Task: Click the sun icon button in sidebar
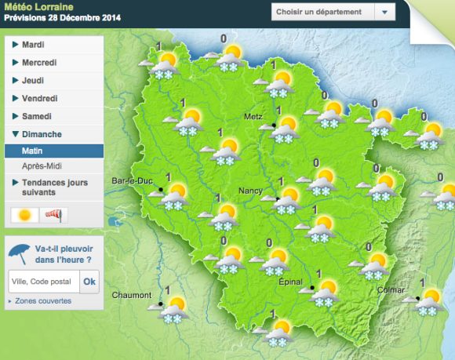[x=24, y=214]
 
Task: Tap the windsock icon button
[x=52, y=214]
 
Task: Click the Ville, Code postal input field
[x=43, y=282]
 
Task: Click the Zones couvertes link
[x=43, y=300]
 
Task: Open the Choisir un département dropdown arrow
[x=384, y=13]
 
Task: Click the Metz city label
[x=253, y=116]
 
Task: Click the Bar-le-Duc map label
[x=132, y=180]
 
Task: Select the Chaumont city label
[x=131, y=296]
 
